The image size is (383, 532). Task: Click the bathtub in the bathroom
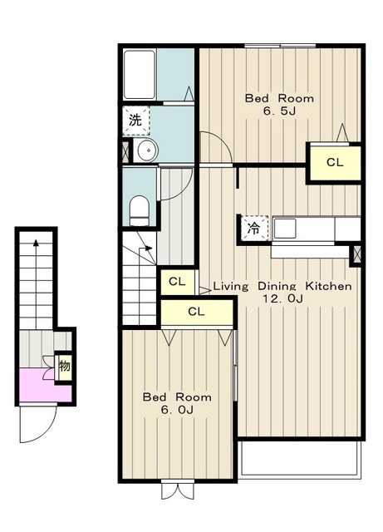140,75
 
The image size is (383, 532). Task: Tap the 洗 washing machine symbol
135,121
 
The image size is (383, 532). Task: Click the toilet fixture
140,210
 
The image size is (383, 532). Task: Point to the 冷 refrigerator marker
253,229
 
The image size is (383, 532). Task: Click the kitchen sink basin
285,229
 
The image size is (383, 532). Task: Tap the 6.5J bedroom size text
279,111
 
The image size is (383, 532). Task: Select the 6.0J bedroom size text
177,410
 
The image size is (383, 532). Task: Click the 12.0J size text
283,298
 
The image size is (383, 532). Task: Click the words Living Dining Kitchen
282,286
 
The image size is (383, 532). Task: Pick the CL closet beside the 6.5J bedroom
335,163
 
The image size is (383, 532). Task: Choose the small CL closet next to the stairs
178,282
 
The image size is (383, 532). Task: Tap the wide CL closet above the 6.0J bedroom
196,312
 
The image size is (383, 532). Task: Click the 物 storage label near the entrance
65,367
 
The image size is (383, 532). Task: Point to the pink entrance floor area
45,386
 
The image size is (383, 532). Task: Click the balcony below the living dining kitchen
299,459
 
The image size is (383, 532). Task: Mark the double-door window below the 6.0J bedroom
178,490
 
